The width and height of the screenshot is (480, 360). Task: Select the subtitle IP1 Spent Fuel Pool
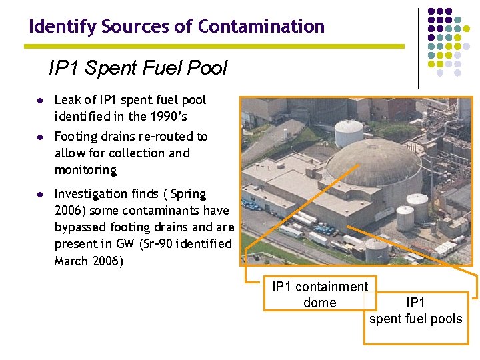(x=137, y=68)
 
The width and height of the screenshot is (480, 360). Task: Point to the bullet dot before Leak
(x=40, y=101)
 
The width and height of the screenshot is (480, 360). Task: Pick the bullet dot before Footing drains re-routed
(x=40, y=137)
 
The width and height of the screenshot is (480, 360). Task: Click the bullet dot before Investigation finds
(x=40, y=194)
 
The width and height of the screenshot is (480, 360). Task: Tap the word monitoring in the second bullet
(x=85, y=170)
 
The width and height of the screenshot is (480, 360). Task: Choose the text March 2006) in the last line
(x=89, y=261)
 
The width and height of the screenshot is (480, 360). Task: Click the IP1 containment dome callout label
(x=320, y=295)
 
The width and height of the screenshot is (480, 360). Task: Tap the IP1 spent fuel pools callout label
(x=415, y=311)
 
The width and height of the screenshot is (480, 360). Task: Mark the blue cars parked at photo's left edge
(x=252, y=205)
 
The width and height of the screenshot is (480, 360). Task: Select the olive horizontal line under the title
(x=213, y=46)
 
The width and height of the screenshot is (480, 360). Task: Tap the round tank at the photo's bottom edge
(x=377, y=249)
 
